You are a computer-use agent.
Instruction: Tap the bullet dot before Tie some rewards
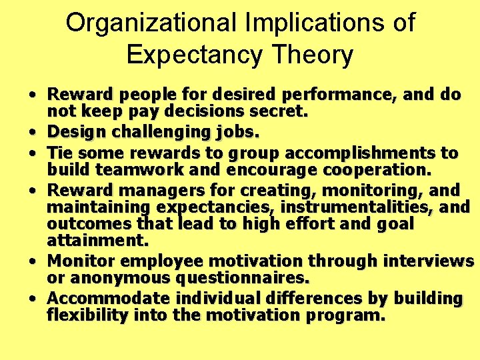point(32,153)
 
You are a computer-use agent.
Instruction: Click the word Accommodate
point(101,297)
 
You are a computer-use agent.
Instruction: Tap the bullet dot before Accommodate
point(32,297)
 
